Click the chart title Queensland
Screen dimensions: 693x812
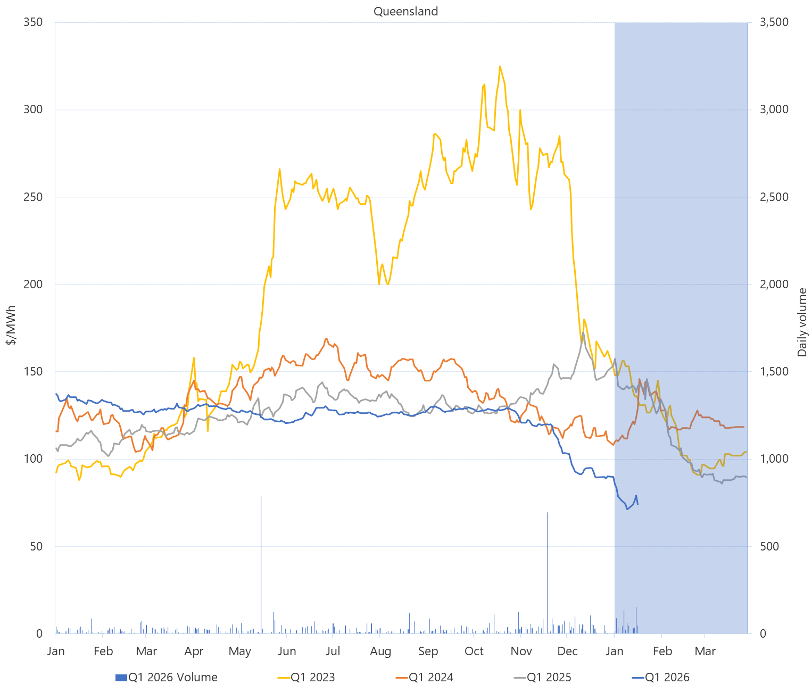pyautogui.click(x=405, y=11)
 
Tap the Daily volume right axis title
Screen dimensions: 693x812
pyautogui.click(x=802, y=322)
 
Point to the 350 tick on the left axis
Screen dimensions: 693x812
pyautogui.click(x=33, y=22)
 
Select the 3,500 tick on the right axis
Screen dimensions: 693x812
pyautogui.click(x=774, y=22)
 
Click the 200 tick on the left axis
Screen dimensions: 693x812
pyautogui.click(x=33, y=284)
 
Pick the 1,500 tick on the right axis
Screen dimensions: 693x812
pyautogui.click(x=774, y=371)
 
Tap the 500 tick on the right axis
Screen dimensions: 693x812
pyautogui.click(x=769, y=546)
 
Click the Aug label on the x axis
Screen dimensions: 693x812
pyautogui.click(x=380, y=651)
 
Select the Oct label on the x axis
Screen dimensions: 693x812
pyautogui.click(x=474, y=651)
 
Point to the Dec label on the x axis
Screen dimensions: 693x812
pyautogui.click(x=567, y=651)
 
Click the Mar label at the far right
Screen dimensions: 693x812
pyautogui.click(x=706, y=651)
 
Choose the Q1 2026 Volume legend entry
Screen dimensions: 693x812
pyautogui.click(x=167, y=678)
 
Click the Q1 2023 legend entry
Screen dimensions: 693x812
pyautogui.click(x=306, y=678)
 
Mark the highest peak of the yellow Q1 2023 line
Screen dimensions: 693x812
pyautogui.click(x=500, y=66)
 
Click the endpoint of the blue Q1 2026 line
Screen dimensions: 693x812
pyautogui.click(x=637, y=504)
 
